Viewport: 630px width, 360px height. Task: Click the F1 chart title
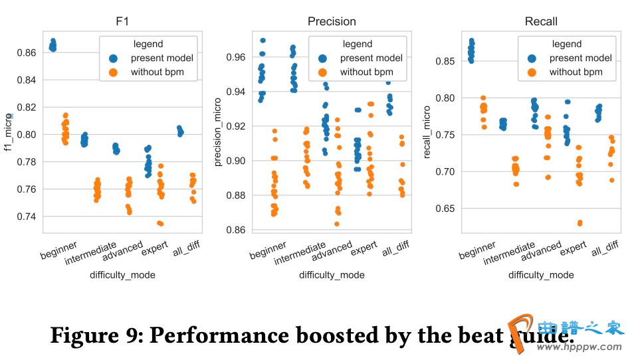[x=122, y=21]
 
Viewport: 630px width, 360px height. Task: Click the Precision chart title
[x=332, y=21]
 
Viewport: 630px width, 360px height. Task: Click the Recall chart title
[x=541, y=21]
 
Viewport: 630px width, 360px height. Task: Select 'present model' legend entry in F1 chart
[x=157, y=58]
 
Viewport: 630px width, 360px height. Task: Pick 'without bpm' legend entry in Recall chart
[x=576, y=72]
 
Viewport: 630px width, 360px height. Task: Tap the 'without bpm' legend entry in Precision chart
[x=366, y=72]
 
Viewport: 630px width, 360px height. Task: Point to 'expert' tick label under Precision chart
[x=364, y=250]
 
